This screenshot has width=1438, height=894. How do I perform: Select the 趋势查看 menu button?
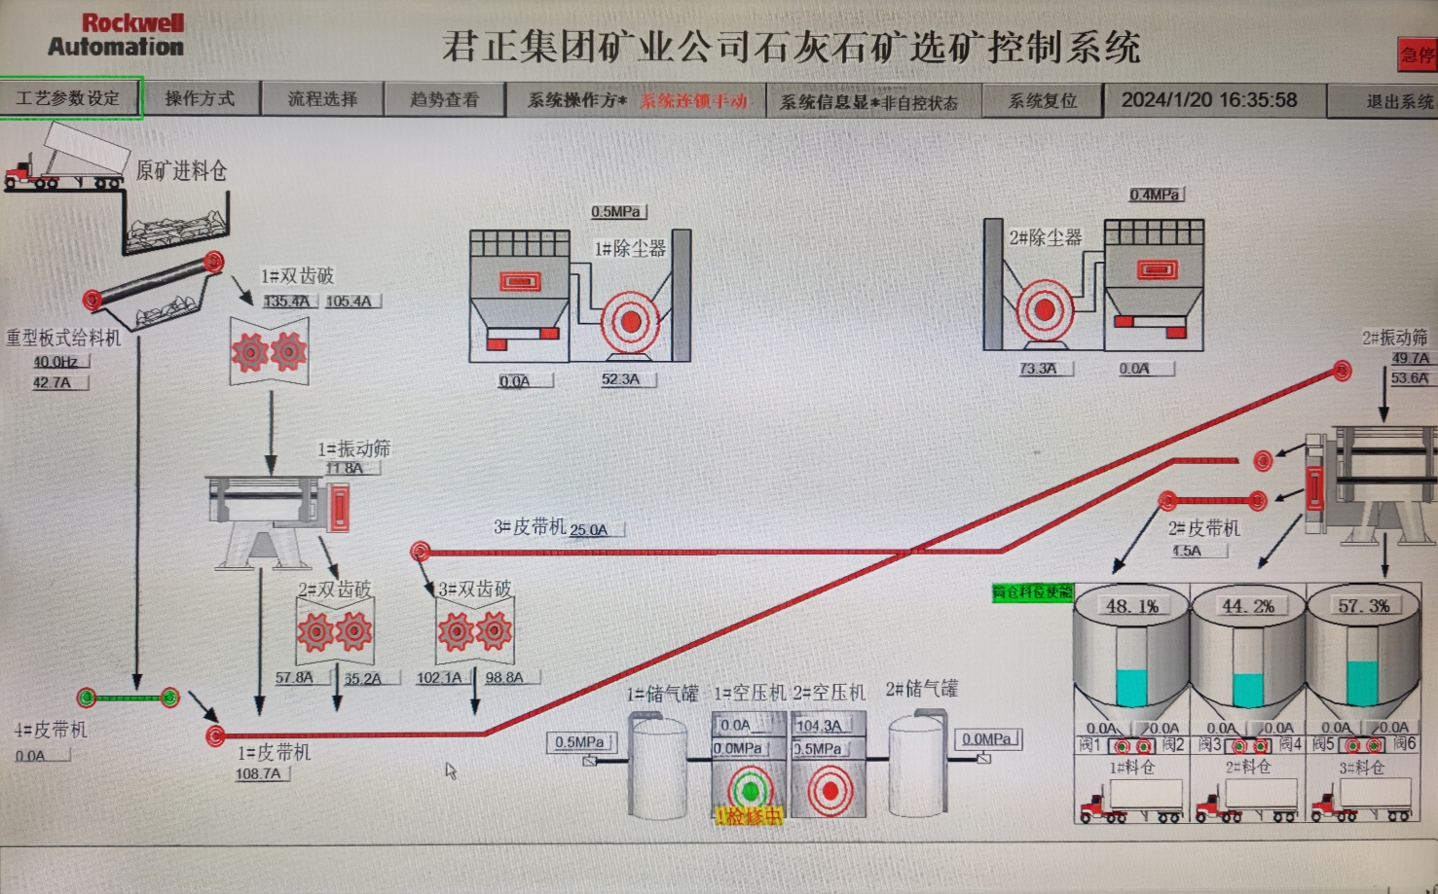444,99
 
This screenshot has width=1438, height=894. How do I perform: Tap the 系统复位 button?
1042,101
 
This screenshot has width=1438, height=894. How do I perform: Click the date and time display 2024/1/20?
1208,100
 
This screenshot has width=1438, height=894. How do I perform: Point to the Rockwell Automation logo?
117,35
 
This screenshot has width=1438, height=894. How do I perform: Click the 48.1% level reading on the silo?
1131,606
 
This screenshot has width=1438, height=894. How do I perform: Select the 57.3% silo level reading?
1363,606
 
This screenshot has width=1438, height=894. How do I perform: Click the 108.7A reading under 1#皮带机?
259,774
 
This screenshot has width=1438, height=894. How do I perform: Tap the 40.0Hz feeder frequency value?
56,362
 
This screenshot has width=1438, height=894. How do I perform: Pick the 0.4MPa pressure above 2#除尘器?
1155,195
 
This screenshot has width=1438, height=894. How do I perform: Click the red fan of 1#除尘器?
630,321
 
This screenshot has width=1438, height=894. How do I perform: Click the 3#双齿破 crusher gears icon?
475,632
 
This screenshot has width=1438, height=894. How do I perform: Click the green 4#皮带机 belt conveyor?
129,697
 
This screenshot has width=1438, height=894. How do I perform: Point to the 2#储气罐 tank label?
921,689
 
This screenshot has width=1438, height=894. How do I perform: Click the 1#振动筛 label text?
353,448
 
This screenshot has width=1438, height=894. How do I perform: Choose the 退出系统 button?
1399,101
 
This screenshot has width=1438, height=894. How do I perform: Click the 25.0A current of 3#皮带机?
589,530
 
